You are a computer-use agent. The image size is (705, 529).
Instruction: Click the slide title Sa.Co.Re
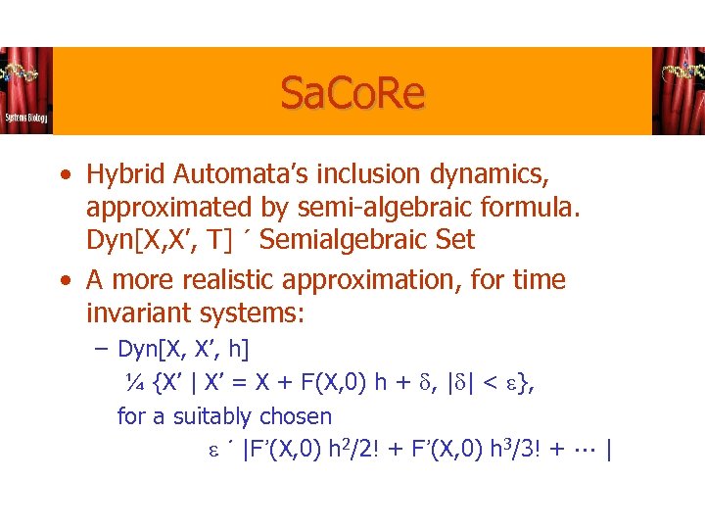(x=352, y=94)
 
